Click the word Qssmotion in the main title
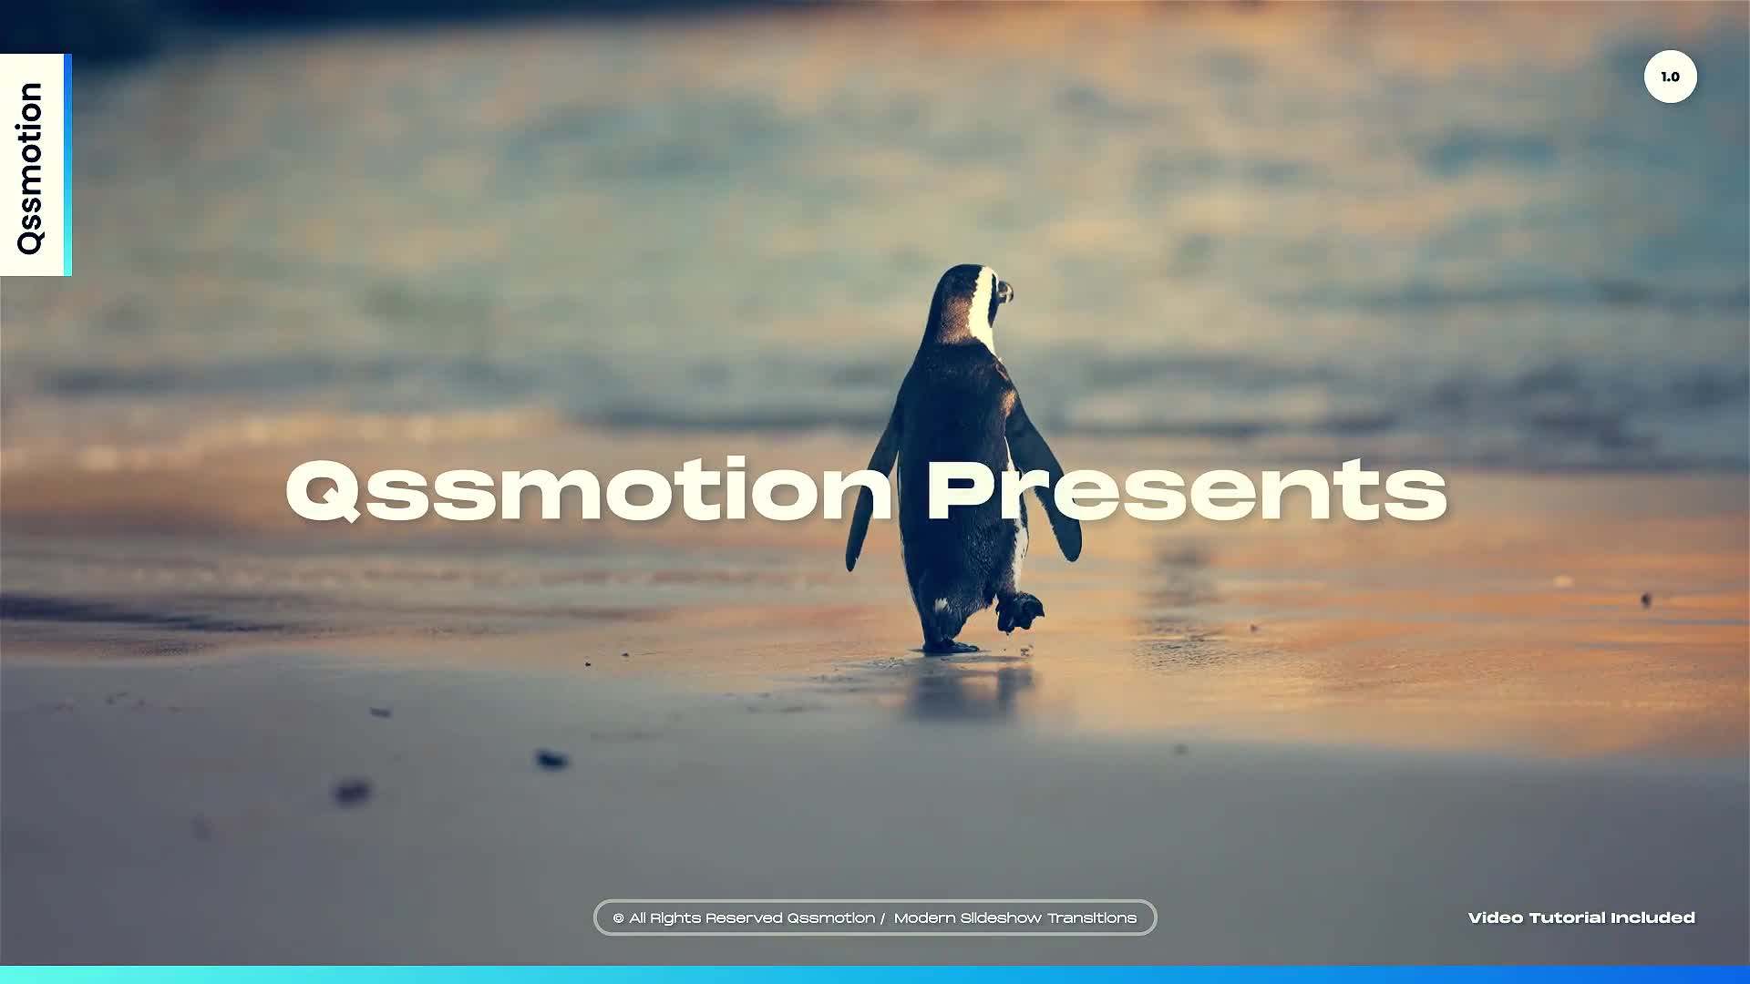(589, 489)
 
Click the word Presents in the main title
(1187, 490)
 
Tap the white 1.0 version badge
(1670, 77)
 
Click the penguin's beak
(1004, 292)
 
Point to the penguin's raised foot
(1019, 610)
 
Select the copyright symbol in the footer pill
(619, 918)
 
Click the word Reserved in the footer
(743, 918)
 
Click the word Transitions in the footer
(1092, 918)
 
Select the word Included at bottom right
(1653, 917)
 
